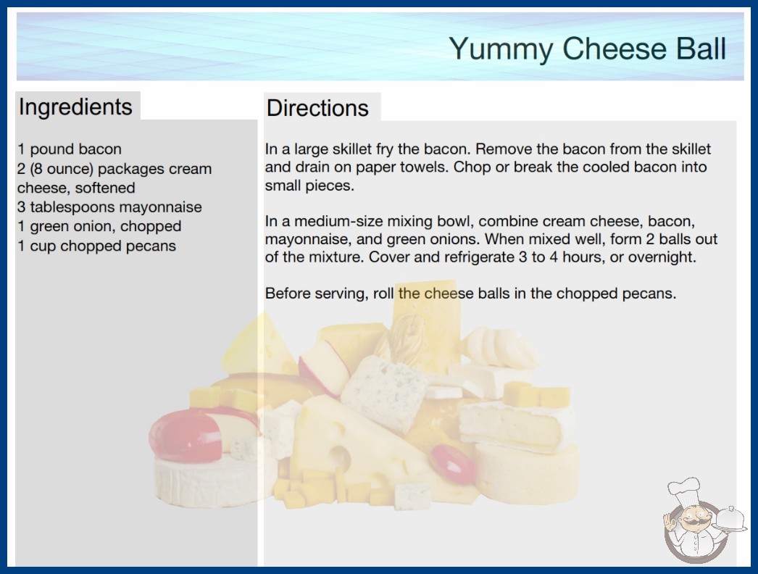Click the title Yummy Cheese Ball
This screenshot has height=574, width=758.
588,49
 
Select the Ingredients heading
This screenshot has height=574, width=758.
75,107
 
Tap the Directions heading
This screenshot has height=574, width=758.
317,108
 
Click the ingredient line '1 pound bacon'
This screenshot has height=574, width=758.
69,149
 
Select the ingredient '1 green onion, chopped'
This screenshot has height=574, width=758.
99,226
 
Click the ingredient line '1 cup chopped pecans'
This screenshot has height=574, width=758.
96,246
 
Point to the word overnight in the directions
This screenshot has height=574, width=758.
662,257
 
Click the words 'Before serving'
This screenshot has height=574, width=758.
316,294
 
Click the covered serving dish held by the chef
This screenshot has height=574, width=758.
730,519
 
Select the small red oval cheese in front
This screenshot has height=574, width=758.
452,463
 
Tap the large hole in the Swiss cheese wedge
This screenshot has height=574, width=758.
340,457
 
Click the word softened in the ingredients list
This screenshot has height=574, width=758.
105,188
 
